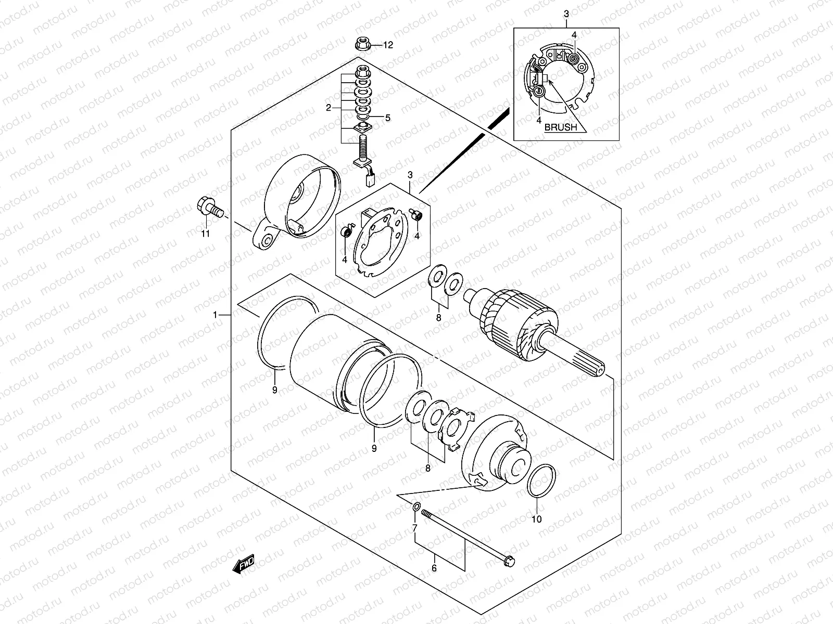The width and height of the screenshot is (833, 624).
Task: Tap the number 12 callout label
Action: point(388,45)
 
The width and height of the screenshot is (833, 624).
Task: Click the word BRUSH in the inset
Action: point(561,127)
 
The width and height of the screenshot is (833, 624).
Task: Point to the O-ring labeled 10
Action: point(543,480)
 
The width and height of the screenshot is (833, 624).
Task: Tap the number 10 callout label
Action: point(537,518)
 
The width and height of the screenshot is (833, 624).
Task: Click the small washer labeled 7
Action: point(417,507)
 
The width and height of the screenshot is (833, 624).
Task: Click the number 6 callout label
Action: point(434,568)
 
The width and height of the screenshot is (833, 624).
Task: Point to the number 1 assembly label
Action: point(214,315)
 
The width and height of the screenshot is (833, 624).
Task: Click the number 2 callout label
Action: point(328,108)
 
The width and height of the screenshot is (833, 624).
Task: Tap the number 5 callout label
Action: point(387,118)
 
